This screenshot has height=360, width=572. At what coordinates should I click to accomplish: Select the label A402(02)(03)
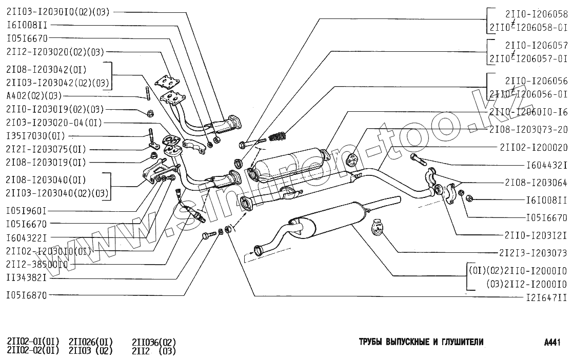34,96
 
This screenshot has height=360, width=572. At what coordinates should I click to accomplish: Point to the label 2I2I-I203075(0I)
46,149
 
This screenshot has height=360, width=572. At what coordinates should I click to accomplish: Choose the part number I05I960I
27,210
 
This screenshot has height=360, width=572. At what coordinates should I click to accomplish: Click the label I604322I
27,237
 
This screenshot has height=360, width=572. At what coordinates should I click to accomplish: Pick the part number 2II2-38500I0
37,264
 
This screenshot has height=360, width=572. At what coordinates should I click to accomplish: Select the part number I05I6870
27,295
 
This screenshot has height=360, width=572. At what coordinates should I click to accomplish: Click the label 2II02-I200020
534,147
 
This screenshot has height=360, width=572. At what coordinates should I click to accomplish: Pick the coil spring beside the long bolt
277,137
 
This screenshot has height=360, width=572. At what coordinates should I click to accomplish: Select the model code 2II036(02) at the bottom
154,342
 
